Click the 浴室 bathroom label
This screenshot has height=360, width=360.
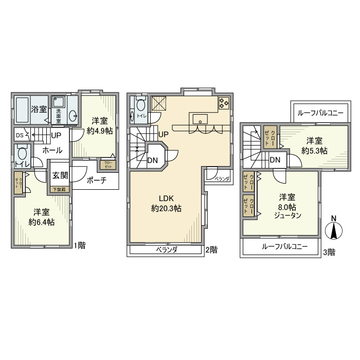[39, 109]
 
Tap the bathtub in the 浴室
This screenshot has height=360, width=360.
[22, 109]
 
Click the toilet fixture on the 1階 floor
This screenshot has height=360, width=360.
[22, 153]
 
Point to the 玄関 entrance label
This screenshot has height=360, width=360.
[60, 175]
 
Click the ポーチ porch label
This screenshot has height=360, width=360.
[96, 181]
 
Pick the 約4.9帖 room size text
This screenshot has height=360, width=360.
[100, 131]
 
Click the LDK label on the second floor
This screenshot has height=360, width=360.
[166, 199]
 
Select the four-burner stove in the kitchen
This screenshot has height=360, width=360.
[224, 103]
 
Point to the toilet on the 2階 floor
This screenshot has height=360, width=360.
[141, 105]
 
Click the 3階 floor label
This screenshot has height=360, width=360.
[329, 252]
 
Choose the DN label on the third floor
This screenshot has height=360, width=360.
[275, 159]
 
